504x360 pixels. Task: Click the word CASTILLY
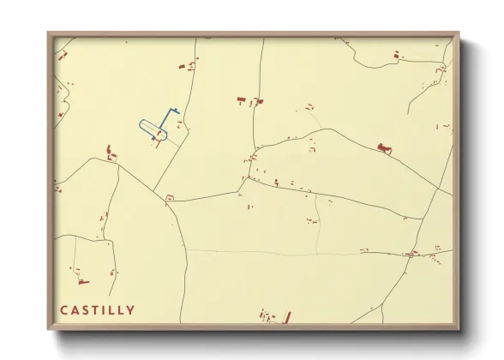[x=97, y=310]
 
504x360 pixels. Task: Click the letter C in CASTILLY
[x=63, y=310]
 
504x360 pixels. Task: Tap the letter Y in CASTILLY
[x=130, y=310]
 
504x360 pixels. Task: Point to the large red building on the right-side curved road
[x=384, y=149]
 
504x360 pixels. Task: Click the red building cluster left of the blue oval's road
[x=110, y=153]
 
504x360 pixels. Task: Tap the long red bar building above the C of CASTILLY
[x=83, y=281]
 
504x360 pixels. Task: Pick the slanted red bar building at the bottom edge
[x=287, y=317]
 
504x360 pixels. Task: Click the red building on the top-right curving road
[x=396, y=55]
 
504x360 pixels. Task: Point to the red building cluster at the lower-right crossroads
[x=415, y=253]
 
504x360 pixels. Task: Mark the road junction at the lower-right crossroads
[x=407, y=254]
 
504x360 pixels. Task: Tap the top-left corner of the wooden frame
[x=48, y=33]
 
